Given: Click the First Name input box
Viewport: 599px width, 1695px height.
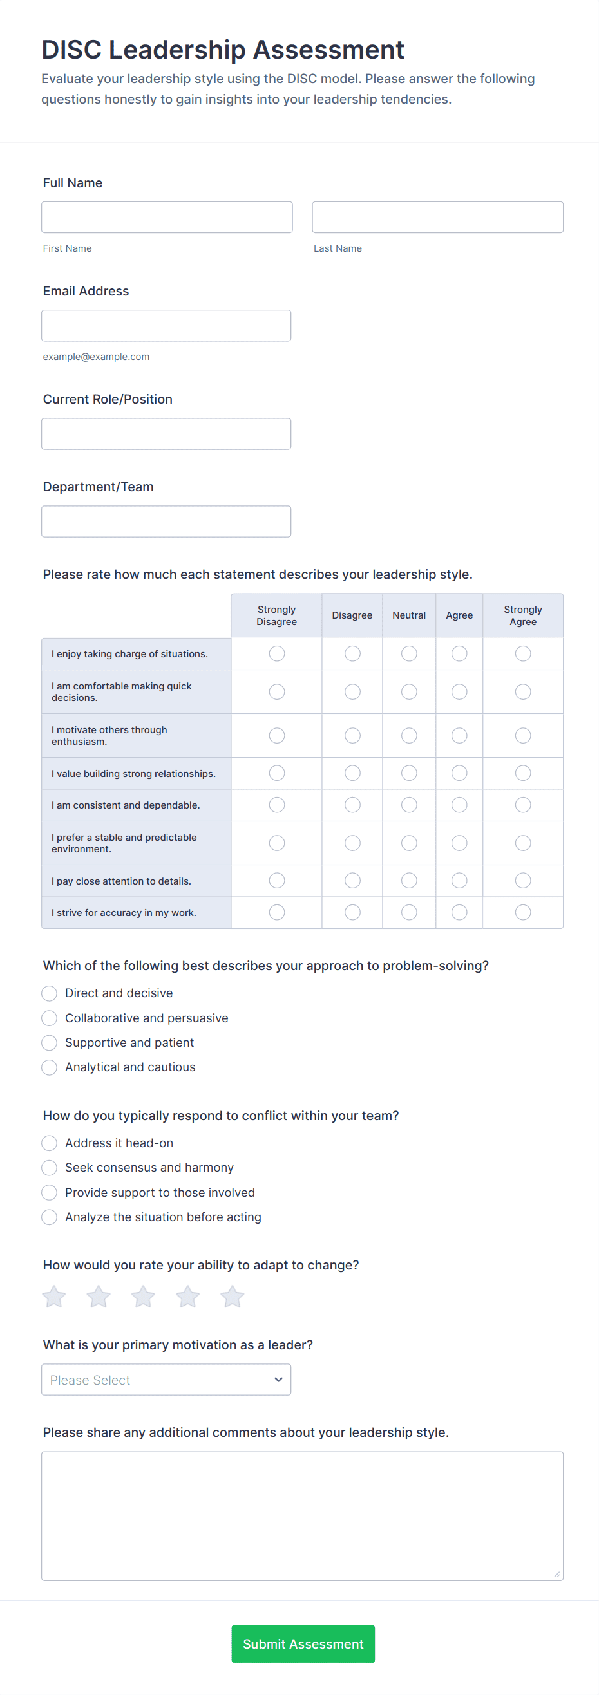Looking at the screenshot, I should pyautogui.click(x=167, y=217).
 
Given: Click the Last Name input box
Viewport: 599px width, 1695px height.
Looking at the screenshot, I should pyautogui.click(x=437, y=217).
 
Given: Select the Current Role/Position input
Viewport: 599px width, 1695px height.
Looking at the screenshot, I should pyautogui.click(x=166, y=434).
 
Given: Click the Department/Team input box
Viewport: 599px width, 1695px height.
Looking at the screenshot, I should pyautogui.click(x=166, y=521).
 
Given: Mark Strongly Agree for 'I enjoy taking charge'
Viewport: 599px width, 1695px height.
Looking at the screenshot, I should pyautogui.click(x=522, y=653).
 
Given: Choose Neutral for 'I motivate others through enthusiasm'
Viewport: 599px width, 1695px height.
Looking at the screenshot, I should pyautogui.click(x=409, y=735).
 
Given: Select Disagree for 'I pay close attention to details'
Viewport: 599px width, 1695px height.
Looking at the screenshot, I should pyautogui.click(x=352, y=881).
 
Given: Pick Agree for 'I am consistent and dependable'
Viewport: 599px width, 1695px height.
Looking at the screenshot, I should pyautogui.click(x=459, y=805).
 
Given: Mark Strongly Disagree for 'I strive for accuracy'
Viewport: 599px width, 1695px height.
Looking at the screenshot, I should pyautogui.click(x=276, y=912).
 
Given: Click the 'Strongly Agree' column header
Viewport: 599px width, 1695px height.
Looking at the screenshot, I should pyautogui.click(x=522, y=615).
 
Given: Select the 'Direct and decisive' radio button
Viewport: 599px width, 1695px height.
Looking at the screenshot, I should pyautogui.click(x=50, y=993).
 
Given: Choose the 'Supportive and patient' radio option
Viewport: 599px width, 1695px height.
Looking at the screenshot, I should pyautogui.click(x=50, y=1042).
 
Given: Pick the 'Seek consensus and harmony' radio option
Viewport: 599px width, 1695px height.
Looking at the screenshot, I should pyautogui.click(x=50, y=1167).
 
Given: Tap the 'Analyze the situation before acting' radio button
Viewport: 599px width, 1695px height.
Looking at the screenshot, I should pyautogui.click(x=50, y=1217).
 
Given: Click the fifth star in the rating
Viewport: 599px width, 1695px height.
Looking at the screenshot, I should pyautogui.click(x=232, y=1297).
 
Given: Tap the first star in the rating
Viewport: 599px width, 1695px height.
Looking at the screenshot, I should pyautogui.click(x=54, y=1297).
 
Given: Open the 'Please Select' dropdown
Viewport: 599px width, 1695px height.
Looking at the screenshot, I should pyautogui.click(x=166, y=1379).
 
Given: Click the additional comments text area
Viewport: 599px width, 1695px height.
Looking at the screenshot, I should pyautogui.click(x=302, y=1515).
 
